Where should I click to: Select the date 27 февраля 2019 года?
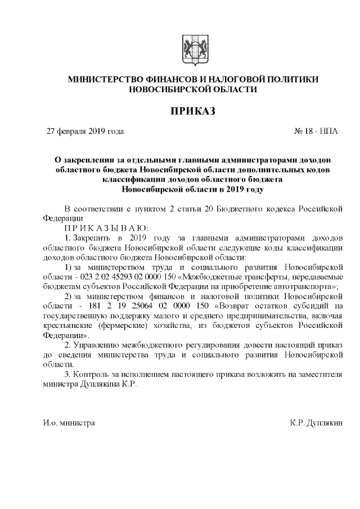click(84, 132)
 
